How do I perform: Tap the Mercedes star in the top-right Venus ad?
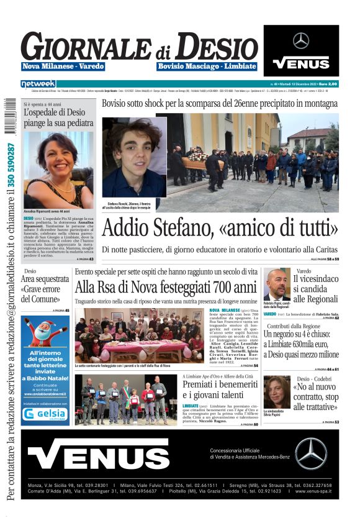click(x=301, y=41)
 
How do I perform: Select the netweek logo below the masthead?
click(x=38, y=84)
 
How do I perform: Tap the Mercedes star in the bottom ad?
click(x=311, y=453)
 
